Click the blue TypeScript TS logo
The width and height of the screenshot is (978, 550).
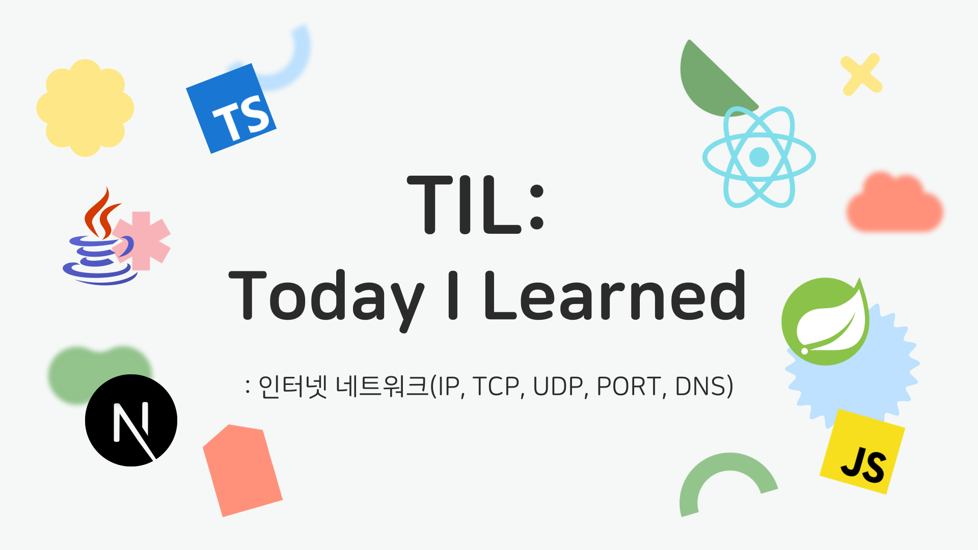(231, 108)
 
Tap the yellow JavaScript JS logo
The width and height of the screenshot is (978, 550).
(862, 452)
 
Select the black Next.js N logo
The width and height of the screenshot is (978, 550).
(131, 420)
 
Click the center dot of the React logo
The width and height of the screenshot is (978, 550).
(759, 157)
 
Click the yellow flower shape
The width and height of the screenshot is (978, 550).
(85, 108)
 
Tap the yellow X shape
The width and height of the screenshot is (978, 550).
(861, 74)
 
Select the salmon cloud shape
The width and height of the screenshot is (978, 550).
(895, 202)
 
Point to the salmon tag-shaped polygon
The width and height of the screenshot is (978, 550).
(242, 470)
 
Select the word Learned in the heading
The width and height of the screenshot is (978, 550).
(615, 295)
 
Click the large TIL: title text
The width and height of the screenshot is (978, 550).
(476, 204)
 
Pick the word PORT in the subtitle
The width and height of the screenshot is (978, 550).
(629, 387)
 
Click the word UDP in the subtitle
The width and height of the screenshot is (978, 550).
(558, 387)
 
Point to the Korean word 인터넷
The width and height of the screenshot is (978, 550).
(292, 387)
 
